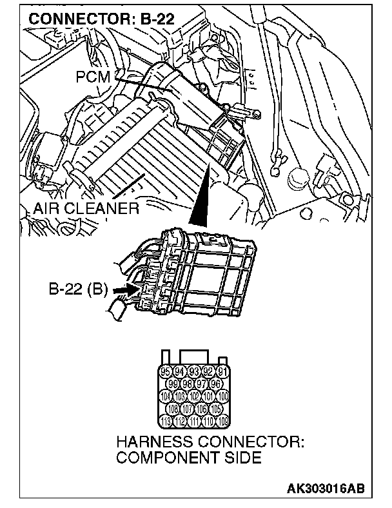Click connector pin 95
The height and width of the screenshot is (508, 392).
(x=166, y=371)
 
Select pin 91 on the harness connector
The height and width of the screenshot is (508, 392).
(x=222, y=371)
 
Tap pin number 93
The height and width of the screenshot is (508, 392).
(x=193, y=371)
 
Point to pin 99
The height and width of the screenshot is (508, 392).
(x=173, y=384)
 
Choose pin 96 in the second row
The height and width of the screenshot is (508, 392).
(x=215, y=384)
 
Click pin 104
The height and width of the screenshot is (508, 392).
(x=166, y=396)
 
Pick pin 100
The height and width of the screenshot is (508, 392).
(x=222, y=396)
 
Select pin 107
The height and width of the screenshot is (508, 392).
(x=186, y=409)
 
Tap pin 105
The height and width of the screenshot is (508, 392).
(x=215, y=409)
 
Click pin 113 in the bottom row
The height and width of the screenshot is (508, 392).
(x=166, y=422)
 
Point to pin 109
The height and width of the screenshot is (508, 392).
(x=222, y=422)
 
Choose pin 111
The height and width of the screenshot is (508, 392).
(x=193, y=422)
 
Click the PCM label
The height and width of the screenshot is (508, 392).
(x=94, y=77)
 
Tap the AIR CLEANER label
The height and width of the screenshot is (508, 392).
(x=86, y=208)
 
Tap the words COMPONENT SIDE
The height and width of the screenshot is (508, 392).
(x=189, y=458)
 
